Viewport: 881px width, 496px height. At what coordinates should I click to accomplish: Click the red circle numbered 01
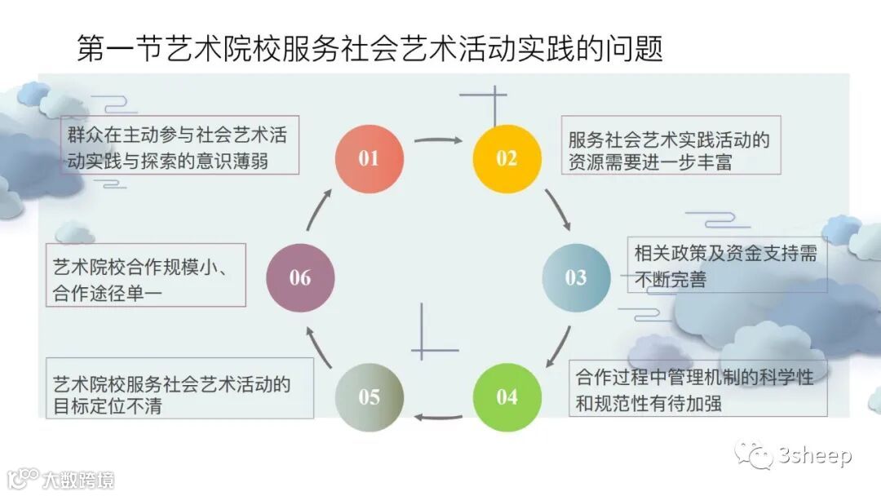click(x=369, y=157)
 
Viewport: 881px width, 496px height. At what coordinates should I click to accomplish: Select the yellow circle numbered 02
click(x=507, y=158)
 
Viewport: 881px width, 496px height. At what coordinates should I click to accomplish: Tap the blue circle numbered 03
click(x=576, y=277)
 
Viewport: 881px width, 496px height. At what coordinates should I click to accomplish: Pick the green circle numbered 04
click(x=507, y=397)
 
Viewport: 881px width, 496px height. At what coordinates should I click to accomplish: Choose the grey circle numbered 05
click(x=369, y=397)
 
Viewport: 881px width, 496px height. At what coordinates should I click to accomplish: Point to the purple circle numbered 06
click(x=300, y=277)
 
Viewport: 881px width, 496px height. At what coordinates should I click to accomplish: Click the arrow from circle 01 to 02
click(x=438, y=139)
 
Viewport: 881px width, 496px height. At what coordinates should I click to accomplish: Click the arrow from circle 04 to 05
click(x=438, y=417)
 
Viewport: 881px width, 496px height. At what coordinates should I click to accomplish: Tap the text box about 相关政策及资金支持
click(x=726, y=265)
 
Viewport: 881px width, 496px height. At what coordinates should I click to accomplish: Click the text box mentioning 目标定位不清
click(x=179, y=388)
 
